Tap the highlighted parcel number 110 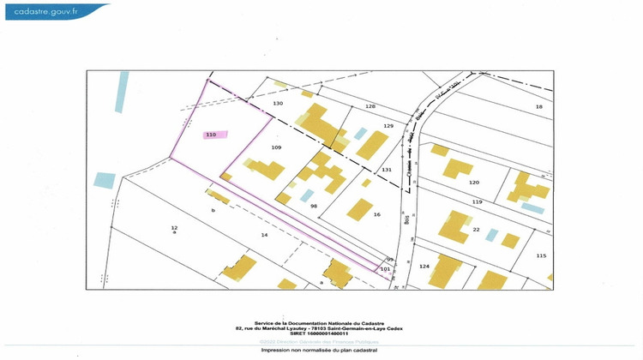[x=211, y=135]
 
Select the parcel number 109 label [x=276, y=147]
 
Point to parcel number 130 [x=278, y=103]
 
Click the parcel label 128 [x=370, y=106]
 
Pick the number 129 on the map [x=388, y=126]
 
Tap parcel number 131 [x=387, y=170]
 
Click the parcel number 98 [x=314, y=207]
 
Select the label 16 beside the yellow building [x=376, y=214]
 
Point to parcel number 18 [x=539, y=106]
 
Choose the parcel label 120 [x=473, y=183]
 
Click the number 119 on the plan [x=478, y=201]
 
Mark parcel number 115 [x=541, y=255]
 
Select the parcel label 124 [x=424, y=266]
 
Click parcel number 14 [x=265, y=234]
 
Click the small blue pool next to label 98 [x=306, y=195]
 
